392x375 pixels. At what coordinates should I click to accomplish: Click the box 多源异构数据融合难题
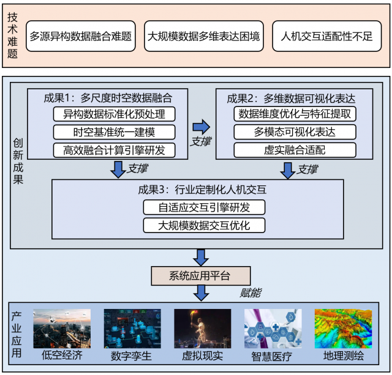point(81,36)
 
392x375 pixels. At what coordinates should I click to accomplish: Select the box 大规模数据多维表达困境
point(203,36)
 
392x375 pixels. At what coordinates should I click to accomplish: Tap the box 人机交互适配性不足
point(326,36)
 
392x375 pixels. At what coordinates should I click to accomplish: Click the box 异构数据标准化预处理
point(115,114)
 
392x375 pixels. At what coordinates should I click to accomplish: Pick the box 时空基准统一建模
point(115,132)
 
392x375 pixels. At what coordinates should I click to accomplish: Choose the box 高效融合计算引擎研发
point(115,150)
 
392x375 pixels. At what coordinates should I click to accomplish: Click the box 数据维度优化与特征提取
point(295,114)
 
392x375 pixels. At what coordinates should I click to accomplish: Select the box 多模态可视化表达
point(295,132)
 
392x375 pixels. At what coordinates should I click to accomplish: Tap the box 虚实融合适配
point(295,150)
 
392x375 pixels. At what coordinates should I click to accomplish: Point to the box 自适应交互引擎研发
point(204,207)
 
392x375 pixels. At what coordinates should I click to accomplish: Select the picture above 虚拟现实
point(203,329)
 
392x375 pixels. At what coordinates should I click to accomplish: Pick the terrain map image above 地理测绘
point(342,329)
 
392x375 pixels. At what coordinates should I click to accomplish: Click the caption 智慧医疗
point(273,355)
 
